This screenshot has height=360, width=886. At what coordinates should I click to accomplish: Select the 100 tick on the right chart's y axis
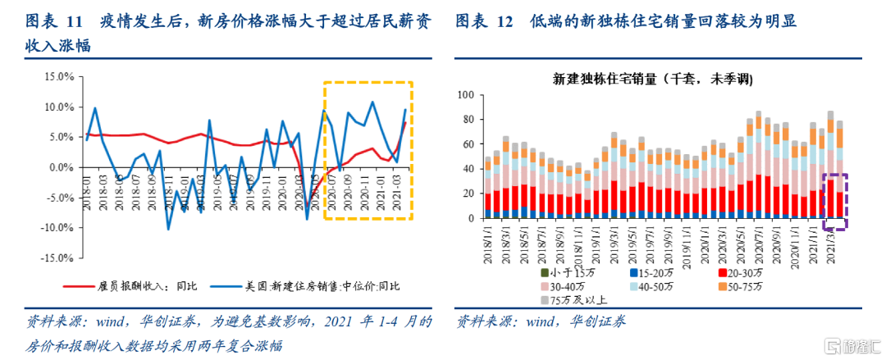(468, 95)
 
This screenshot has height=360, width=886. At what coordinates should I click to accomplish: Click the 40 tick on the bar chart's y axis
(471, 169)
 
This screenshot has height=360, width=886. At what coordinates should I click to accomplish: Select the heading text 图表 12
(484, 21)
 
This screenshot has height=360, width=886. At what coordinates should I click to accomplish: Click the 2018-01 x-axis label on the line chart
(88, 198)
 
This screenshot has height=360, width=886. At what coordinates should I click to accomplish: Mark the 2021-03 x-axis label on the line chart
(398, 198)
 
